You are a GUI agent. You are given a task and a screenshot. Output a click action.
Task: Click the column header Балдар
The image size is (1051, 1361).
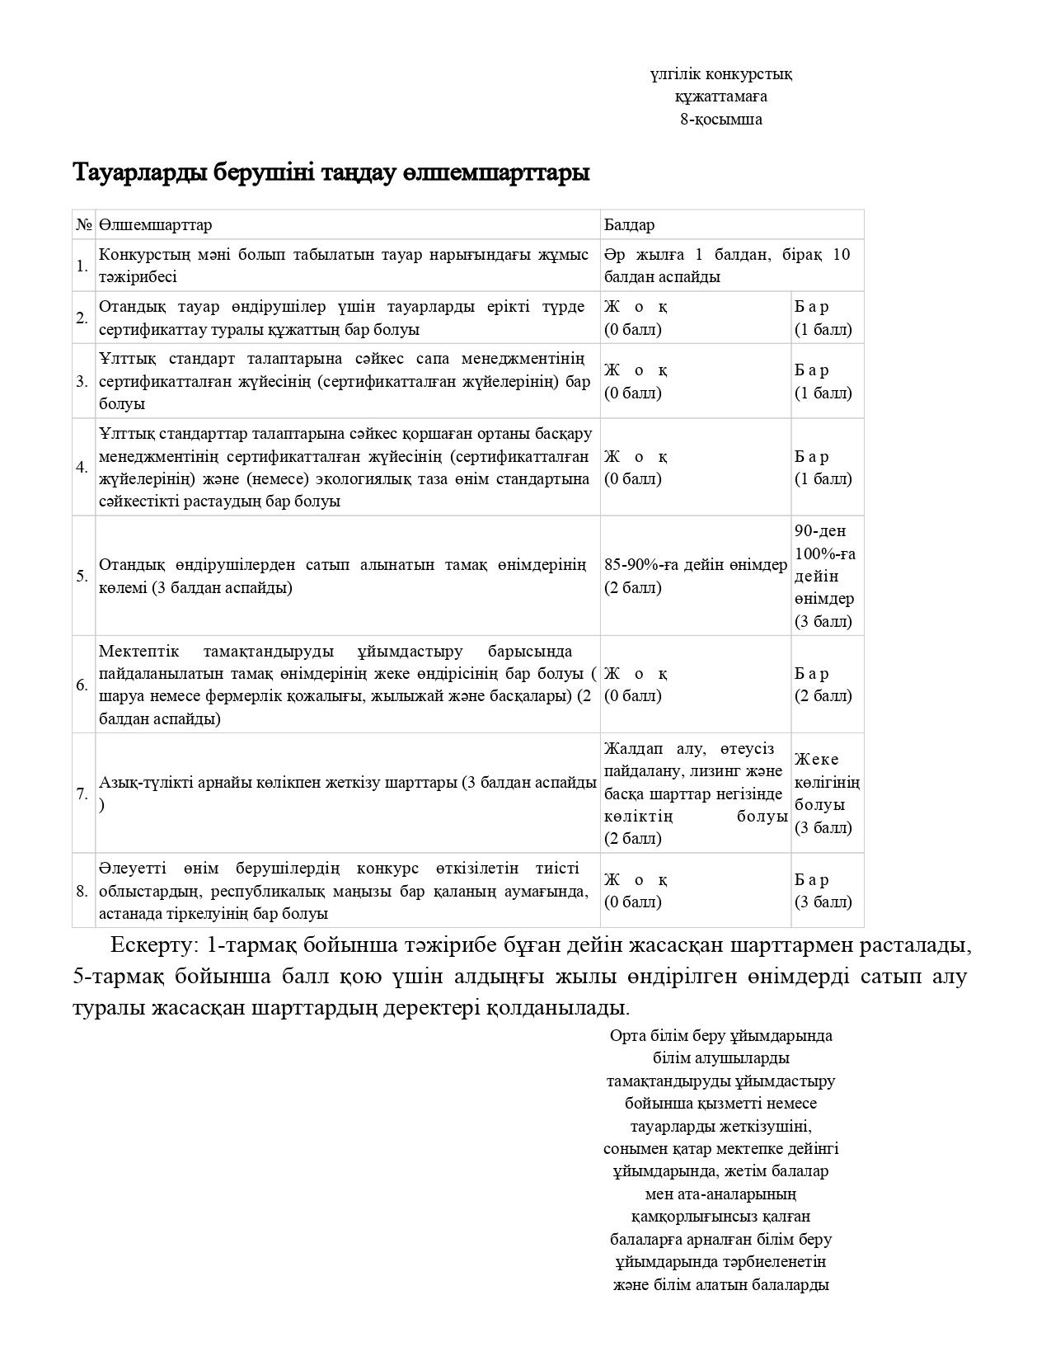pos(629,224)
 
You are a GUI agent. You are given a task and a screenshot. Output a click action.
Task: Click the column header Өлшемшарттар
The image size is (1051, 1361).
pos(155,224)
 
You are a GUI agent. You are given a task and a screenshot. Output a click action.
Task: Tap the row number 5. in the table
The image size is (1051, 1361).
pos(82,576)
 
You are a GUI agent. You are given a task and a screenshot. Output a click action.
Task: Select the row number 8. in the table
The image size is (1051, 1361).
pos(82,891)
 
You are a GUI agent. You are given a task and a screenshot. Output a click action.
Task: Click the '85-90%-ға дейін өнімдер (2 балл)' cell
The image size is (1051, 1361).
pos(695,576)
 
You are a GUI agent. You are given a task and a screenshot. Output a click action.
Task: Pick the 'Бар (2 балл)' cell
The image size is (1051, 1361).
pos(823,685)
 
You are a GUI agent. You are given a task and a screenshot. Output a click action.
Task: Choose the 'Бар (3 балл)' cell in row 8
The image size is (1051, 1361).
pos(823,891)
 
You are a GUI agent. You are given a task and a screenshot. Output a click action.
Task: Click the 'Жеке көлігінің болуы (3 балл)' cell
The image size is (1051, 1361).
pos(826,793)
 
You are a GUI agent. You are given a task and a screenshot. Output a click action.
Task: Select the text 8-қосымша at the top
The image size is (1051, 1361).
pos(720,120)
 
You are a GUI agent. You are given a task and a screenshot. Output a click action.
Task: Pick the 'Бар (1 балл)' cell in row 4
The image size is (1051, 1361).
pos(823,468)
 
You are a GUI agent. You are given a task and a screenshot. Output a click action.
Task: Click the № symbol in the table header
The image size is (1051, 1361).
pos(83,224)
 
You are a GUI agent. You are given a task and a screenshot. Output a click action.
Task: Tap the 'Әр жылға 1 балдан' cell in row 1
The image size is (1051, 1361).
pos(725,265)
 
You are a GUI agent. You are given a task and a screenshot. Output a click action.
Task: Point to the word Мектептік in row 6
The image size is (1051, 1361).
pos(138,651)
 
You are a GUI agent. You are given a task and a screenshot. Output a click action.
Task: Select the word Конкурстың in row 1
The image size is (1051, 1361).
pos(141,254)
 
